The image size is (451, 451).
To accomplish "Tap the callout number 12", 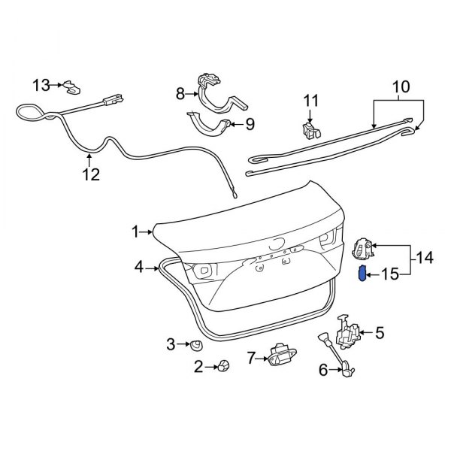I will (x=90, y=174).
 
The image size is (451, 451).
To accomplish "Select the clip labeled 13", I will (x=72, y=89).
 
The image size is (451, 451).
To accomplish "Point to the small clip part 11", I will (x=310, y=129).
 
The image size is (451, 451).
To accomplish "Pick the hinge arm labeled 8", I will (x=212, y=88).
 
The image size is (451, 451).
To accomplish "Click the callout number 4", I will (x=139, y=266).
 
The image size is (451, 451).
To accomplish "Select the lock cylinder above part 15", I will (x=363, y=246).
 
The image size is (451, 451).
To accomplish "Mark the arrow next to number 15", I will (x=373, y=274).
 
